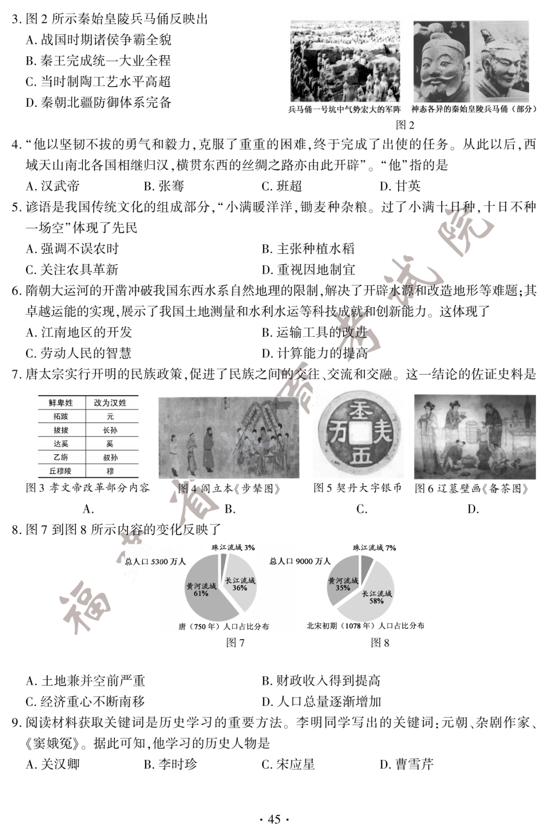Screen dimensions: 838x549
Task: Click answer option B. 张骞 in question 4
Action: (x=164, y=186)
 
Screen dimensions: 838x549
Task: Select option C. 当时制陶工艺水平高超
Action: (x=98, y=82)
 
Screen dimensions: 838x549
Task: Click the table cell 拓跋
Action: (x=61, y=417)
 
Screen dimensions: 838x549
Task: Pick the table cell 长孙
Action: (x=110, y=430)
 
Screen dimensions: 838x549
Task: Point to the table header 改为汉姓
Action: (x=110, y=403)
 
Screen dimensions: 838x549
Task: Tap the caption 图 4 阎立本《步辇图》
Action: (x=229, y=489)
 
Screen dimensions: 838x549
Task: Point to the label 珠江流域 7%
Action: (x=374, y=548)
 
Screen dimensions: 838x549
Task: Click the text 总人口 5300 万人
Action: (x=156, y=562)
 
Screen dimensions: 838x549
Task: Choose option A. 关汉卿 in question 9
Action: (x=53, y=765)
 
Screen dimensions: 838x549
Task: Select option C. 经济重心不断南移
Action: (x=85, y=702)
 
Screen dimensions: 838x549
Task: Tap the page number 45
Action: (x=274, y=819)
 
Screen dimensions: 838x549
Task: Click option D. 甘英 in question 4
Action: (x=400, y=186)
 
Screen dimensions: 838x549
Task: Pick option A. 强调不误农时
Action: (x=72, y=249)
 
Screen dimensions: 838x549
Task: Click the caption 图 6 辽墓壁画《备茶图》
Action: (x=472, y=489)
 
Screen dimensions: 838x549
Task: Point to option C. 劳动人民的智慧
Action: (x=79, y=354)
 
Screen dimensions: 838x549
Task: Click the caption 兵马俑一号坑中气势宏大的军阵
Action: (x=345, y=109)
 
